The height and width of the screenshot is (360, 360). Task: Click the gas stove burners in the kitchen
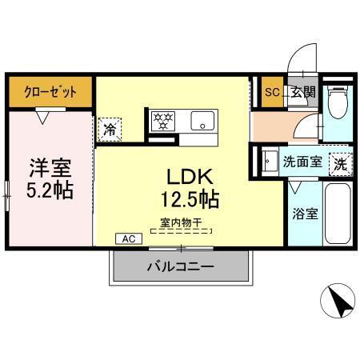[162, 122]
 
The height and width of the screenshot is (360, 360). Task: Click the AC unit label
[127, 238]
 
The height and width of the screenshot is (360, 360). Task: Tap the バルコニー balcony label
[180, 266]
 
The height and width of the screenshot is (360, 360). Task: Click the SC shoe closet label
[272, 92]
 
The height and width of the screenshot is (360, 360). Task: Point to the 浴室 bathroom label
[304, 214]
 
